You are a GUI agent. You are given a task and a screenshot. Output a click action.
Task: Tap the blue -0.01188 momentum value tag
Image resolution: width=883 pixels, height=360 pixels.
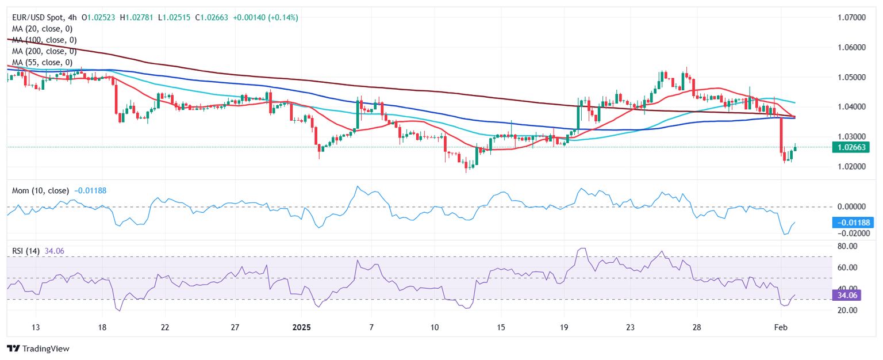pyautogui.click(x=853, y=223)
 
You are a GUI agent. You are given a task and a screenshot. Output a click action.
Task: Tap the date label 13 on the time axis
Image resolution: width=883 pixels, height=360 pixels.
pyautogui.click(x=36, y=327)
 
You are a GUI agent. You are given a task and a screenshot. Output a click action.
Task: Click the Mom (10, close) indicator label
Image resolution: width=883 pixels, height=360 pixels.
pyautogui.click(x=40, y=190)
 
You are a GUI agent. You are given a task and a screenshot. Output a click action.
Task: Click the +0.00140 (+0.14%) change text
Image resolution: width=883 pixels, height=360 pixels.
pyautogui.click(x=266, y=18)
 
